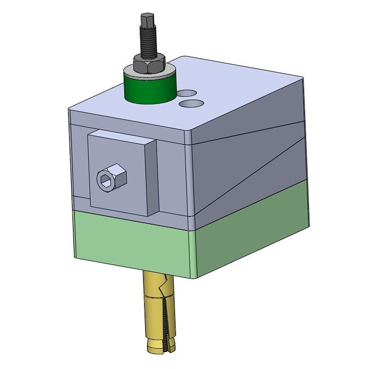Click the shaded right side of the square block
tap(154, 178)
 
